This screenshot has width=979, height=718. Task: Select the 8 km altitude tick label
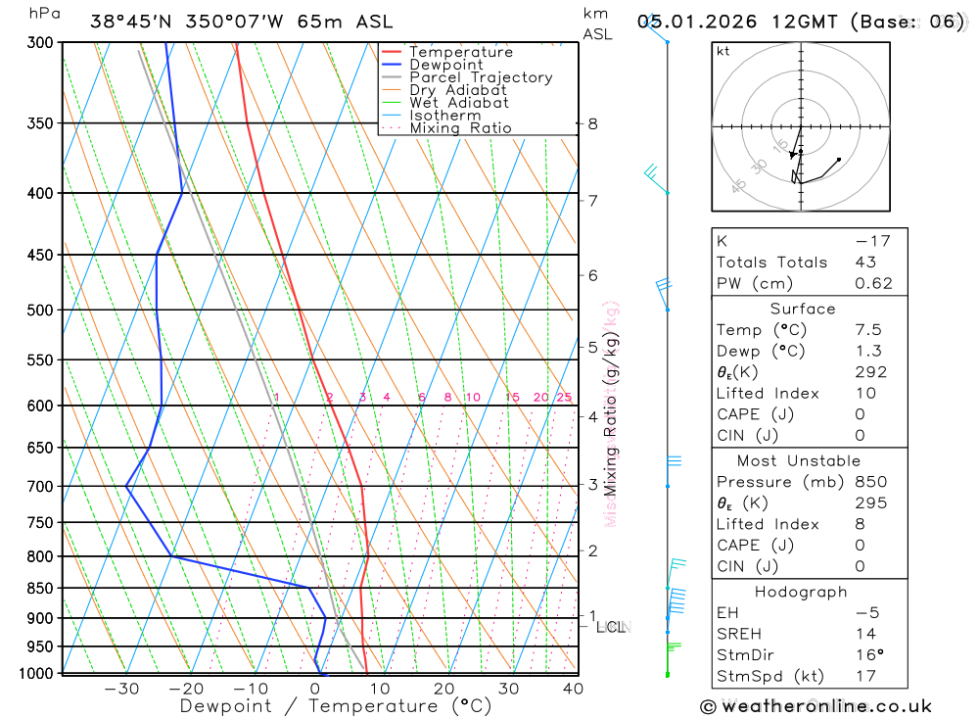point(592,123)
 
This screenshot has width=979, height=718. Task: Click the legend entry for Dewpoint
point(445,66)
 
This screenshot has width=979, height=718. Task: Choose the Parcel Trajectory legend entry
point(481,77)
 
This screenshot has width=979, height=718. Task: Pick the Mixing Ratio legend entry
point(460,128)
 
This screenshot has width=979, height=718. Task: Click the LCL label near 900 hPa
point(611,626)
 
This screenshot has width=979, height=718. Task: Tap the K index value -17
point(865,241)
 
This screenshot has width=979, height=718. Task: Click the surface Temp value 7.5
point(867,330)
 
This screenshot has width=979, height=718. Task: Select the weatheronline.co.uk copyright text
point(816,706)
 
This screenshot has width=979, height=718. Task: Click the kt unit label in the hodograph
point(723,51)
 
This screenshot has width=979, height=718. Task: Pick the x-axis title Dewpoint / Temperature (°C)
point(336,706)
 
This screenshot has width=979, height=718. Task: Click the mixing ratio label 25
point(564,397)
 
